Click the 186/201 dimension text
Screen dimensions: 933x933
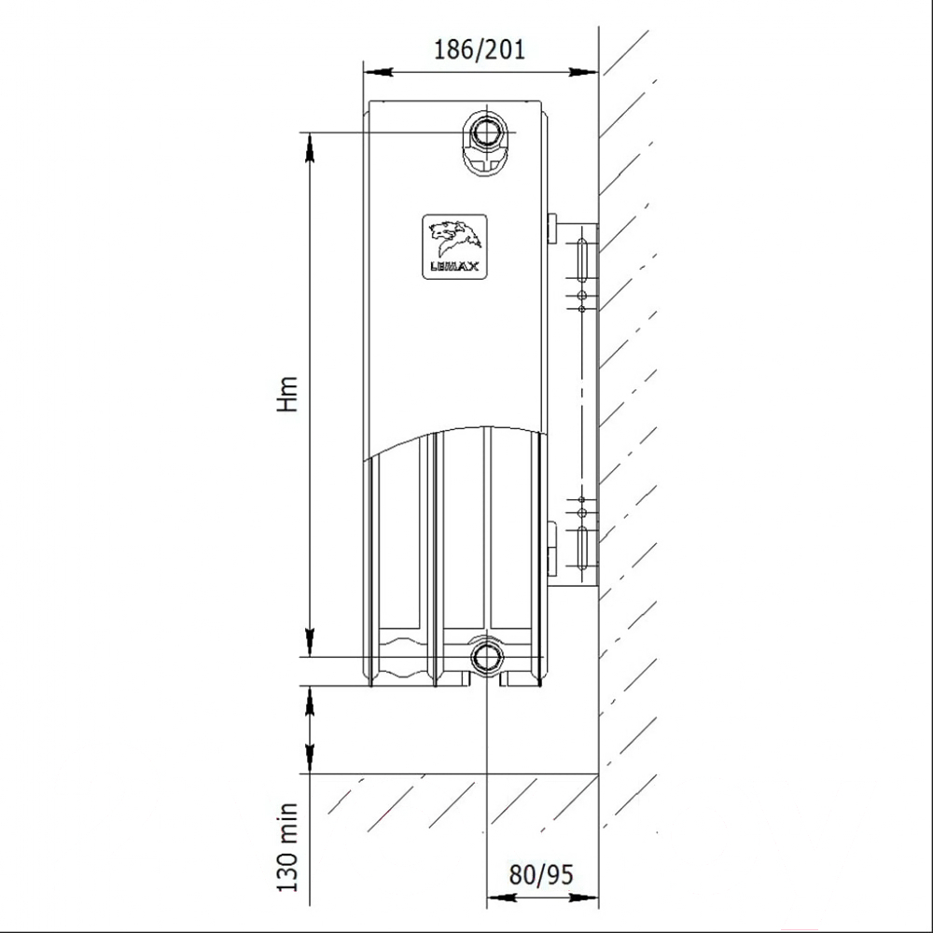click(x=480, y=49)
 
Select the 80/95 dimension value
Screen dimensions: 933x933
click(x=541, y=874)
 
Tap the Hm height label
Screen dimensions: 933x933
click(x=287, y=394)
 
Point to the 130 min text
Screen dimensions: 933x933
click(x=287, y=847)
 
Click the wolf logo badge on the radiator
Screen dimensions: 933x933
click(x=454, y=247)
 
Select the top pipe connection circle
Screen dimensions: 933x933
click(x=487, y=132)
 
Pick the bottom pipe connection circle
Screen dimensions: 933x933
click(x=487, y=657)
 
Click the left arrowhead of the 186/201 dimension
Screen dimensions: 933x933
click(x=378, y=72)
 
